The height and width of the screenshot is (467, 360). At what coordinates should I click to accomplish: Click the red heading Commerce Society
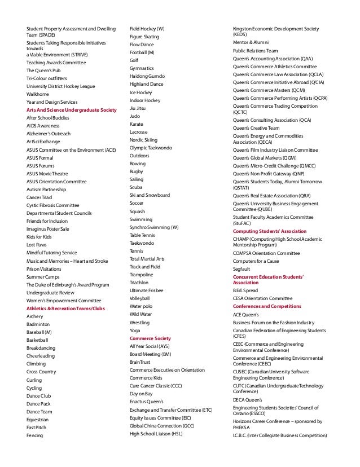(x=150, y=338)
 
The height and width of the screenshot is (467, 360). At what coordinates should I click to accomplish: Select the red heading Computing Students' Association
(x=270, y=231)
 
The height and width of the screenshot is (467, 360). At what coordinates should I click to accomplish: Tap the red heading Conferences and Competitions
(x=267, y=306)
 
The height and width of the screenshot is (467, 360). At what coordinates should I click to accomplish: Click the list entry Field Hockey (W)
(x=147, y=28)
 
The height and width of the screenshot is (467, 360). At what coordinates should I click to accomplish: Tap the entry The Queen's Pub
(x=46, y=70)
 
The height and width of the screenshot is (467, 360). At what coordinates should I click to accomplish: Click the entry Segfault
(x=242, y=269)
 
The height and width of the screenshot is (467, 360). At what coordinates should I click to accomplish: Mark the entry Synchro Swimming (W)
(x=154, y=227)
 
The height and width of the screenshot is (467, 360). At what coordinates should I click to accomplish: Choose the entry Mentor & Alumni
(x=251, y=42)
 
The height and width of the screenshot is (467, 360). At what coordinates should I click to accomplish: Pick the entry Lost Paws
(x=38, y=245)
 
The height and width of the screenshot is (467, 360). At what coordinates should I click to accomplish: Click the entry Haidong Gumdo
(x=148, y=76)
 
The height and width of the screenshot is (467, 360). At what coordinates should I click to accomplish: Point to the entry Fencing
(x=34, y=435)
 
